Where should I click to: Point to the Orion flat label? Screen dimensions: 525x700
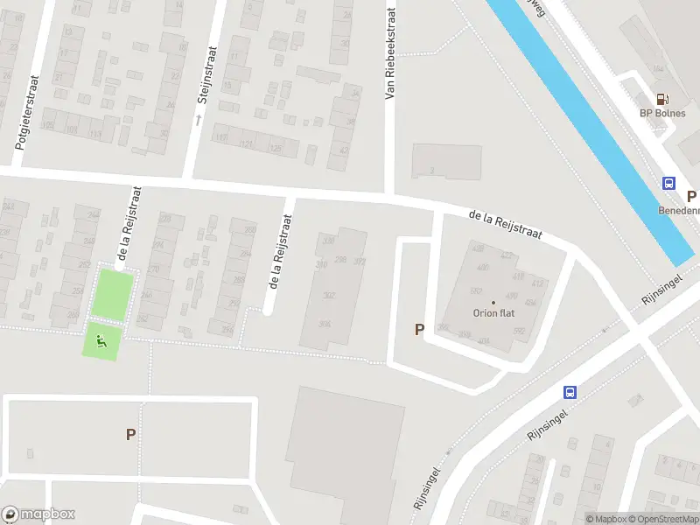tap(492, 313)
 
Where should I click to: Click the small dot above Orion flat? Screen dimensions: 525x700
tap(492, 303)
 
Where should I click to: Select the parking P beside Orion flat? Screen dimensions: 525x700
tap(419, 330)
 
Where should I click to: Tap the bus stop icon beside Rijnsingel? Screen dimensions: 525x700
tap(570, 393)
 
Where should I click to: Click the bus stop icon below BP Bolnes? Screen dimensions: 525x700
tap(668, 184)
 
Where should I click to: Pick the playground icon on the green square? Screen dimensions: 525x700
tap(101, 341)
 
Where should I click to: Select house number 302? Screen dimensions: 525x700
tap(329, 296)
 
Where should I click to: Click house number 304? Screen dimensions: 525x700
tap(325, 324)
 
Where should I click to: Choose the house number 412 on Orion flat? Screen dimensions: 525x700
tap(514, 282)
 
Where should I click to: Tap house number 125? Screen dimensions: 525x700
tap(276, 149)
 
